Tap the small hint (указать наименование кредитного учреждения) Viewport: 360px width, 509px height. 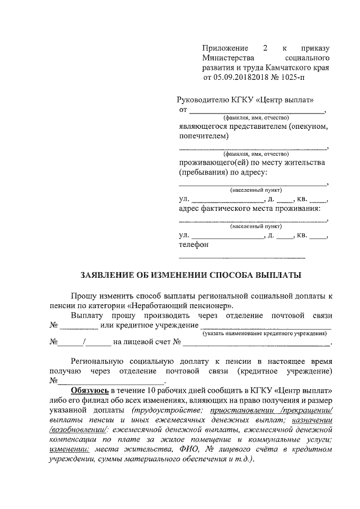265,334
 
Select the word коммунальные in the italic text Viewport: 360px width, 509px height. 279,440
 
